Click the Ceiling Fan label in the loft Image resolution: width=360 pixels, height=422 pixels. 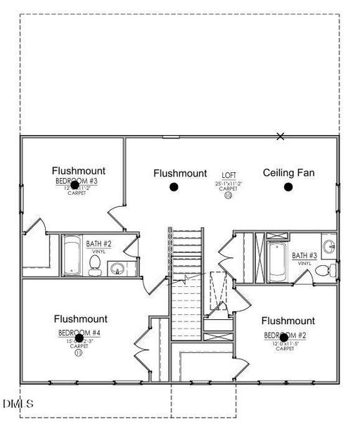click(x=288, y=172)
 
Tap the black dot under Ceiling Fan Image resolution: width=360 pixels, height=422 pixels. click(x=288, y=186)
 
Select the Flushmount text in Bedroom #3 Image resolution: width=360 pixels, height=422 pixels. click(x=79, y=170)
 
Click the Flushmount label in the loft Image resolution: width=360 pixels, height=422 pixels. click(x=180, y=173)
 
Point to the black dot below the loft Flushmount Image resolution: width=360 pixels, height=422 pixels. click(x=173, y=186)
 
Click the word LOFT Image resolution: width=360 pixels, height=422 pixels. click(x=229, y=175)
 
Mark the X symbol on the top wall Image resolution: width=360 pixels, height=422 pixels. click(x=281, y=136)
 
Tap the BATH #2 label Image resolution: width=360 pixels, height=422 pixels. click(x=98, y=244)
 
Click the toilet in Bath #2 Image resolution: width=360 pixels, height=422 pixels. click(x=94, y=264)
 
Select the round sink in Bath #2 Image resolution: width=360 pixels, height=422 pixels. click(x=117, y=268)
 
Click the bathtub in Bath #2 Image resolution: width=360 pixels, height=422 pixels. click(x=72, y=255)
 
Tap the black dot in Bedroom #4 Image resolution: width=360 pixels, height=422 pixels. click(x=79, y=338)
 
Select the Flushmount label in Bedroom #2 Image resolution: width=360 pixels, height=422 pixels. click(x=288, y=321)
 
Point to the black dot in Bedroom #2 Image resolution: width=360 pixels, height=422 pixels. click(x=283, y=338)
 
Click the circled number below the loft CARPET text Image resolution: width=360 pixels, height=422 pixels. click(x=229, y=196)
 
